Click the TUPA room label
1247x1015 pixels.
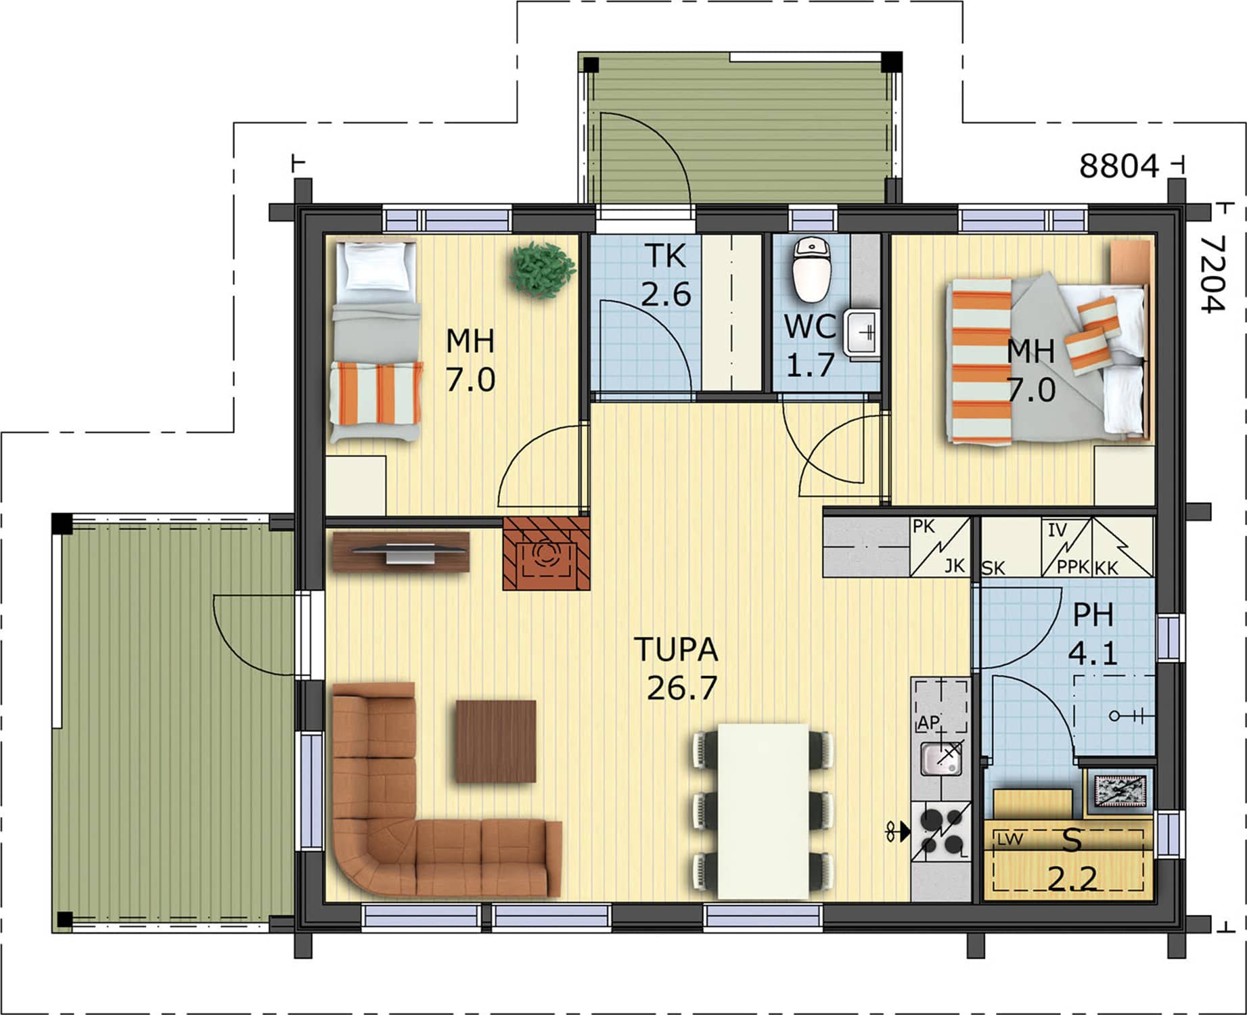coord(676,650)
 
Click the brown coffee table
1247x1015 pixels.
coord(496,741)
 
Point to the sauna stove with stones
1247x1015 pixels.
coord(1120,790)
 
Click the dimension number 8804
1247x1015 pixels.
coord(1119,166)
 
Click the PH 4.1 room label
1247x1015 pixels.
coord(1093,634)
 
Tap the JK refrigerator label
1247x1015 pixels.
coord(954,566)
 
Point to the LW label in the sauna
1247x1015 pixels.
coord(1010,840)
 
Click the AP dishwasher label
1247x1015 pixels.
coord(928,723)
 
